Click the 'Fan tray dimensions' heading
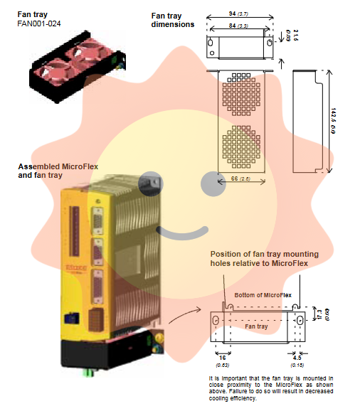point(173,20)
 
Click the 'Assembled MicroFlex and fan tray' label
point(58,170)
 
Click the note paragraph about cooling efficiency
point(270,388)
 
